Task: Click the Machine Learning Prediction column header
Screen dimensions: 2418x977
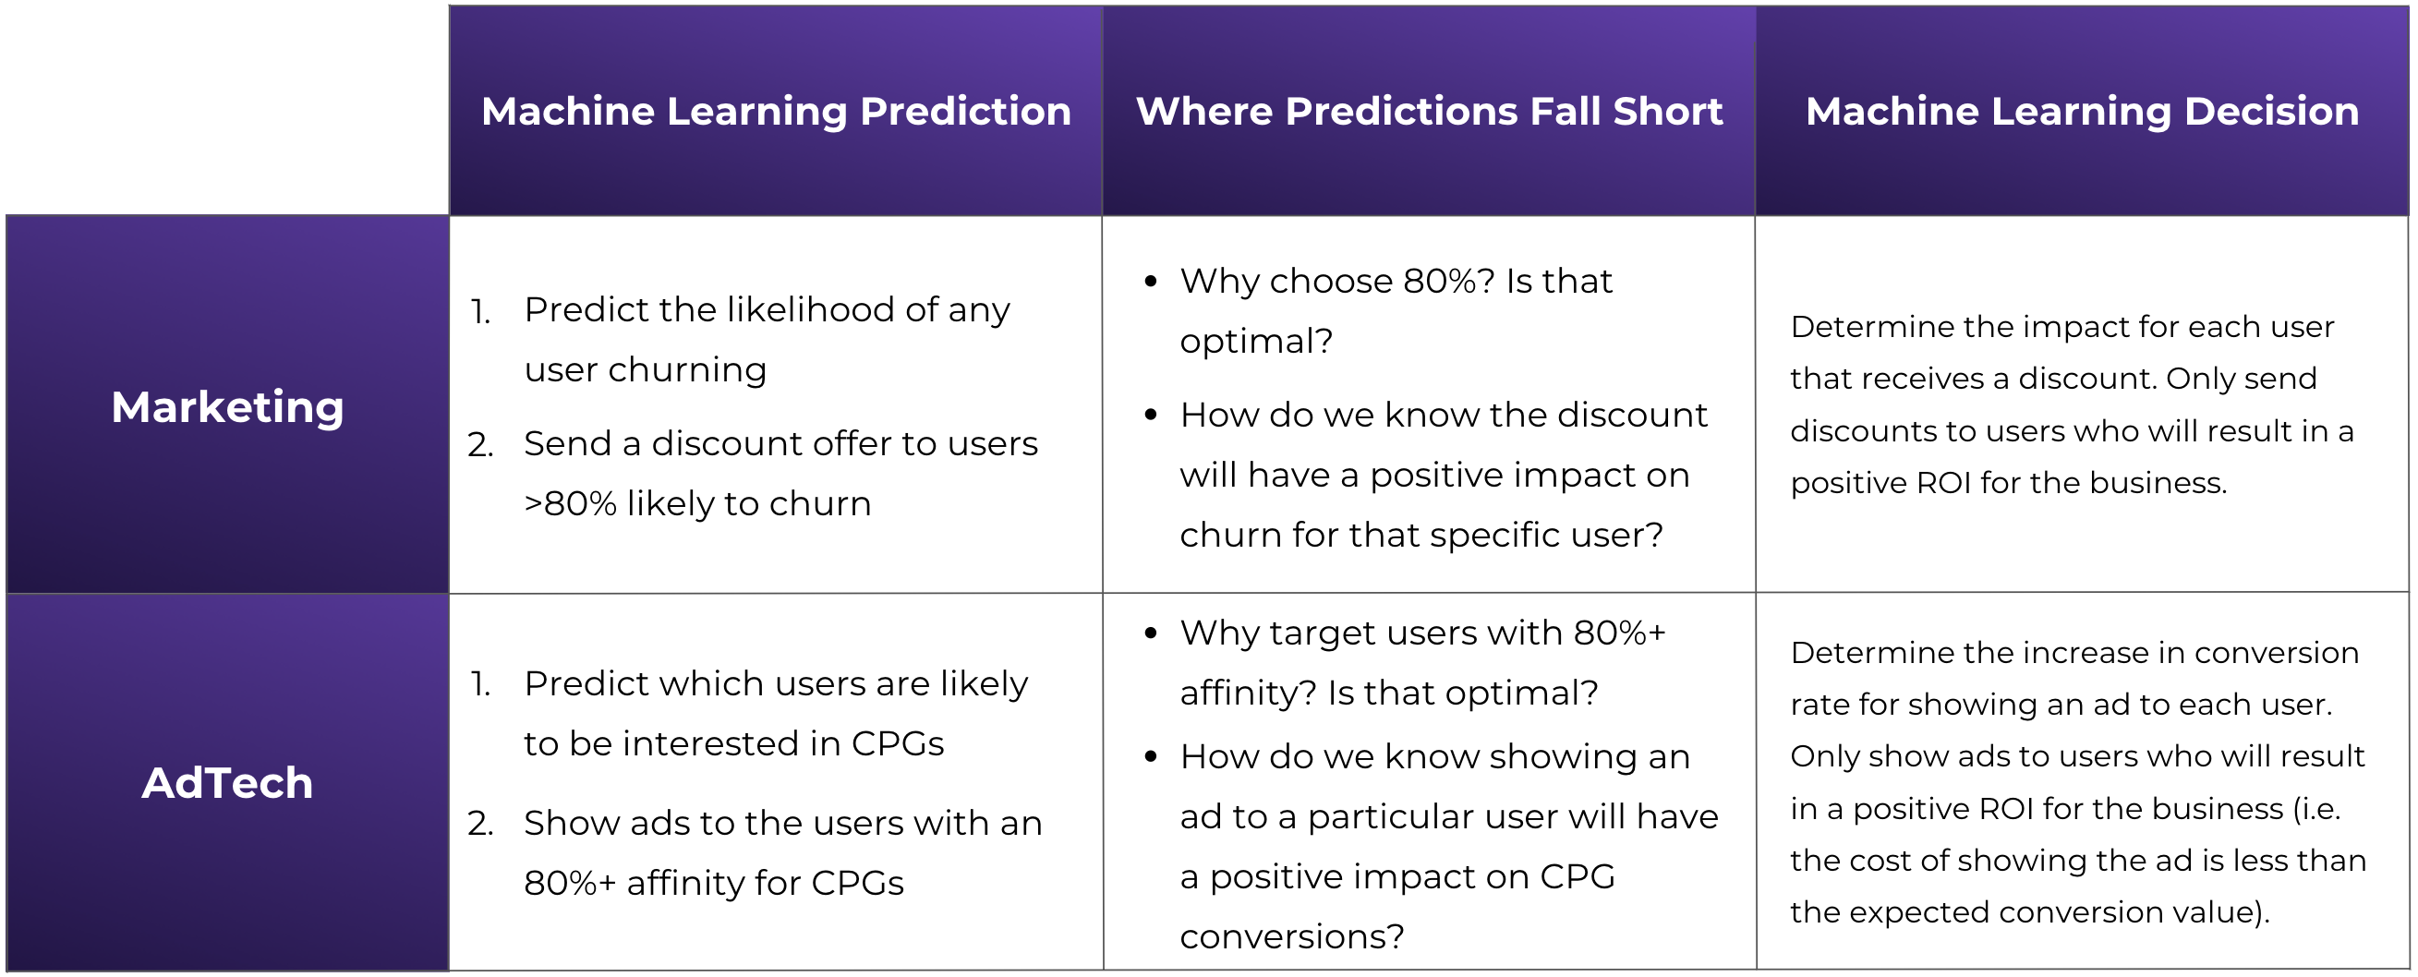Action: (x=775, y=112)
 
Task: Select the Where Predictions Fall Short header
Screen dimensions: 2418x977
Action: (x=1429, y=112)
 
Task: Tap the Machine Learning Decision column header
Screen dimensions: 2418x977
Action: (x=2082, y=112)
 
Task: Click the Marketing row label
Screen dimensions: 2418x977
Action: (x=227, y=407)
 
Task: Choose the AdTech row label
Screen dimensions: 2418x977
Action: (x=227, y=783)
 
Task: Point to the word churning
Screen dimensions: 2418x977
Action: (x=687, y=370)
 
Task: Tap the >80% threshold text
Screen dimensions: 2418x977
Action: (x=571, y=504)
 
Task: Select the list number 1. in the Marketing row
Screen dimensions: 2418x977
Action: (x=480, y=311)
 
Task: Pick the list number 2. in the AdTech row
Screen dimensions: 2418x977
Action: (x=480, y=824)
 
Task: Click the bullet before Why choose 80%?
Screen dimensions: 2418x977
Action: (x=1151, y=281)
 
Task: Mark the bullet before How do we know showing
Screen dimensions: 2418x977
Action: (x=1151, y=757)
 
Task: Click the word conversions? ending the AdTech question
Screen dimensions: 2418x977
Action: (x=1291, y=936)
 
